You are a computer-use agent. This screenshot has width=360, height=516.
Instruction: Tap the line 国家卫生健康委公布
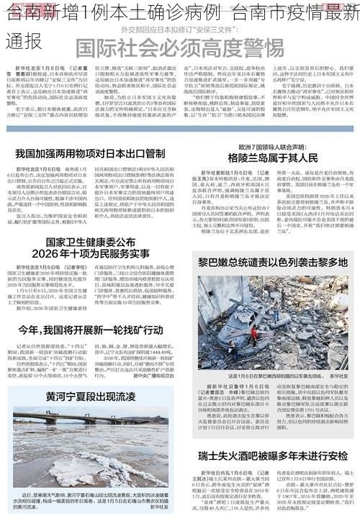coord(90,242)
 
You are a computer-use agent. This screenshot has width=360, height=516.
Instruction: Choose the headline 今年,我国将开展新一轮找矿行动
coord(90,330)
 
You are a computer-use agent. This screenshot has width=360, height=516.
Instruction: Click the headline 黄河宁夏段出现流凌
coord(90,397)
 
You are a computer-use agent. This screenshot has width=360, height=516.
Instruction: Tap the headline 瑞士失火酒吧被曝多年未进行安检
coord(273,457)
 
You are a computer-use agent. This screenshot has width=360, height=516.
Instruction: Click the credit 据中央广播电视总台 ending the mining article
coord(148,376)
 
